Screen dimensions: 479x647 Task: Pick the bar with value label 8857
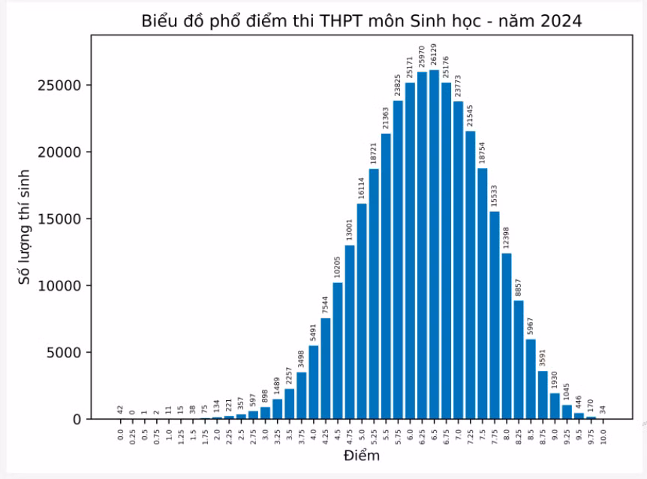(519, 360)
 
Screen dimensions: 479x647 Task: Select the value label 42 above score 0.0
(120, 409)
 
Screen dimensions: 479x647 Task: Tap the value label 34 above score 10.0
(603, 409)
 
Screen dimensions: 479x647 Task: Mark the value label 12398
(507, 236)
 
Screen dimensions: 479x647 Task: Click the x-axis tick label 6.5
(434, 435)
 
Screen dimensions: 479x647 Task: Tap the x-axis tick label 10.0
(603, 436)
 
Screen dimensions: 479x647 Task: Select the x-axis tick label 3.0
(265, 435)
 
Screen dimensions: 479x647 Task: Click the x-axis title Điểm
(362, 456)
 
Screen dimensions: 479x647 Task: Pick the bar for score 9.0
(555, 406)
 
